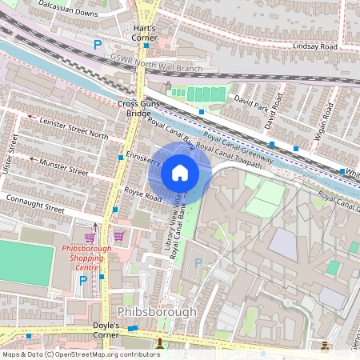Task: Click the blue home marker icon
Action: click(x=180, y=172)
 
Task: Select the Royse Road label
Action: click(x=143, y=194)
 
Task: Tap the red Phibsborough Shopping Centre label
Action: click(x=86, y=258)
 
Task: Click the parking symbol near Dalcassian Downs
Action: click(x=98, y=45)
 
